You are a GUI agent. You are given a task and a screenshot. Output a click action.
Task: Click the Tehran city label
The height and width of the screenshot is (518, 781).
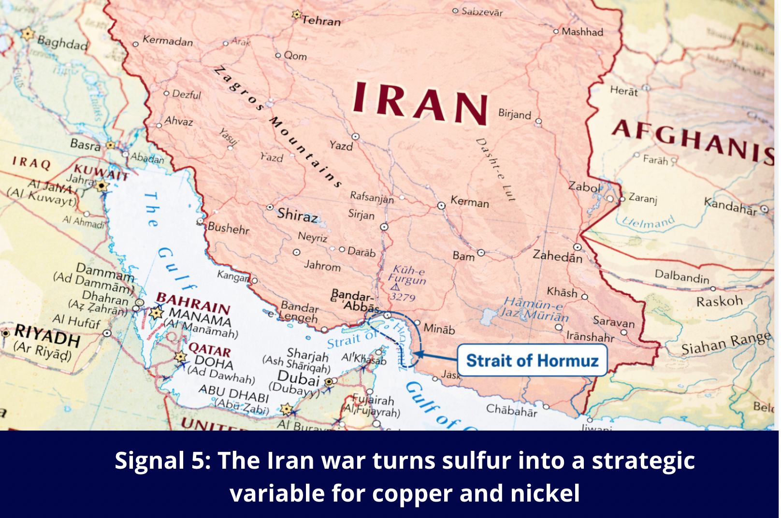coord(321,20)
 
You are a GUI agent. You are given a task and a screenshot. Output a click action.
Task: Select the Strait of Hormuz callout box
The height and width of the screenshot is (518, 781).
coord(532,360)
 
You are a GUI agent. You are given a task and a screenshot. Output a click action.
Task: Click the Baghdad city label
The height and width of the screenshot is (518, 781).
coord(63,43)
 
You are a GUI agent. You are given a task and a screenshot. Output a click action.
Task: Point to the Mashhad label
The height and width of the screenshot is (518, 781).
coord(582,32)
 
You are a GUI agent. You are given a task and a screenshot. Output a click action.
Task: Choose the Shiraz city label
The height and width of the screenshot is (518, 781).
coord(297,215)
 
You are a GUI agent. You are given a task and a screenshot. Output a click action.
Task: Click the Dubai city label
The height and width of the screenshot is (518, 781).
coord(299,377)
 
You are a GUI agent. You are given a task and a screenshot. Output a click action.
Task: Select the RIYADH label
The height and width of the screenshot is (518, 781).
coord(47,335)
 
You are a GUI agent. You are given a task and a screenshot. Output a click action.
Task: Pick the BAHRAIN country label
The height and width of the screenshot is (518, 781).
coord(193,302)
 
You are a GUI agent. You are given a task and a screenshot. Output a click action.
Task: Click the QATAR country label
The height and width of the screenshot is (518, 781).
coord(210,349)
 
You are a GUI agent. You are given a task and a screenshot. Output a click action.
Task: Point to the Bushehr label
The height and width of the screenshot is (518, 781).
coord(229,228)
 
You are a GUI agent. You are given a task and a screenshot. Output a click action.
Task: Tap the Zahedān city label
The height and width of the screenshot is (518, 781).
coord(557,256)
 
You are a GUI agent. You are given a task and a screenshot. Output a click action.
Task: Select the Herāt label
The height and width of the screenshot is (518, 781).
coord(623,90)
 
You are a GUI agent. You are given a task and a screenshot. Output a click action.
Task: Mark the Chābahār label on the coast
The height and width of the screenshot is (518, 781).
coord(511,410)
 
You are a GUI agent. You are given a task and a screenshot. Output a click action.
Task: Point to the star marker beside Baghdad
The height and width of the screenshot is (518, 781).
coord(28,33)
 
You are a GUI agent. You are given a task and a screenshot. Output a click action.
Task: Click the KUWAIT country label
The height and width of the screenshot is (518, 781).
coord(101,172)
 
